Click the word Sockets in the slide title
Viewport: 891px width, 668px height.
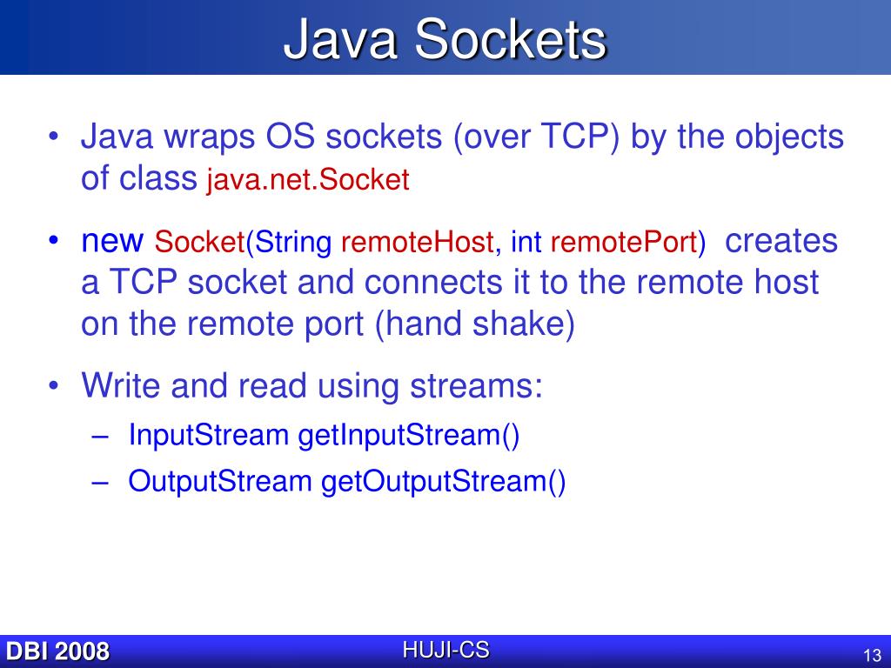point(509,40)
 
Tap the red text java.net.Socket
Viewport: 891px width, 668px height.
point(307,180)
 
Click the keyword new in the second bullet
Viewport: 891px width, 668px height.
point(111,241)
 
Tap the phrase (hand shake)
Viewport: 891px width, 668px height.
point(475,324)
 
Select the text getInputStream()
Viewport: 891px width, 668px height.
point(409,435)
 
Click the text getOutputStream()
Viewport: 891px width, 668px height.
point(444,481)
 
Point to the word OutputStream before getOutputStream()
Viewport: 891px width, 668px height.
point(220,481)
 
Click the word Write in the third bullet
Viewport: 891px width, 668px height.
point(122,385)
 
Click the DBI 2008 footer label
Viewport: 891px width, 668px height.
point(57,651)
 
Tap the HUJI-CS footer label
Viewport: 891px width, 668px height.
point(445,649)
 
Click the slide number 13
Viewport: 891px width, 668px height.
point(872,655)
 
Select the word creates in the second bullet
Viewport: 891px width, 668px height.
point(780,241)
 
